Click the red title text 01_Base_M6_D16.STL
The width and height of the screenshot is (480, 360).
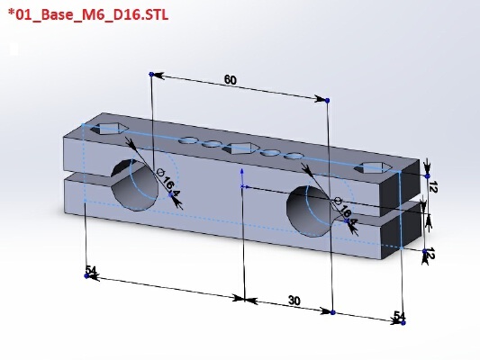[x=88, y=14]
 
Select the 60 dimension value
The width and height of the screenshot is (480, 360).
[x=231, y=80]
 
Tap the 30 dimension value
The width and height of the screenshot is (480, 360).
[x=294, y=301]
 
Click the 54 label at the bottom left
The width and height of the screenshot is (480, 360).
[x=91, y=270]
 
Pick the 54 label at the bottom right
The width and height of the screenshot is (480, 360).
[x=399, y=315]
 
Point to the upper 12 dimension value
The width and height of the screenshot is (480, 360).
[x=433, y=186]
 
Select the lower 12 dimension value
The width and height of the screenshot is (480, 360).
[x=430, y=254]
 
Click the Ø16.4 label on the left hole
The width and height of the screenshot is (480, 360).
[x=168, y=183]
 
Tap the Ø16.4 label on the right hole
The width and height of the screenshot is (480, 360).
[x=345, y=211]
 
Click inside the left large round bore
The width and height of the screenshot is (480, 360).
[x=136, y=187]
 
